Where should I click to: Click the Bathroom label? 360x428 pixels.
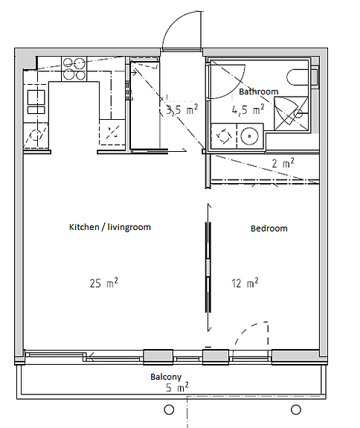(x=259, y=92)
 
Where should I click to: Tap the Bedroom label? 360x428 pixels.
(x=269, y=229)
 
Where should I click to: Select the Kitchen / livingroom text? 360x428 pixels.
(x=110, y=227)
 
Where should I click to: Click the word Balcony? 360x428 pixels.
(x=166, y=377)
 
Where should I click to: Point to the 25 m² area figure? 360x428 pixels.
(x=104, y=283)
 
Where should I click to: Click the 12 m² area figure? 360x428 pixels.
(x=245, y=283)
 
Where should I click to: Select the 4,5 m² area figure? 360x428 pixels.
(x=248, y=109)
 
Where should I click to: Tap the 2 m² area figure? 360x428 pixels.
(x=283, y=163)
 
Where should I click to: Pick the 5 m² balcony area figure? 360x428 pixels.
(x=177, y=387)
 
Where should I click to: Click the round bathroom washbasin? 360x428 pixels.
(x=250, y=136)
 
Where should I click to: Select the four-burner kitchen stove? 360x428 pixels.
(x=74, y=68)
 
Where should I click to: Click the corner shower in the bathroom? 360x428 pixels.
(x=291, y=113)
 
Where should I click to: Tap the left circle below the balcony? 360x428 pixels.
(x=169, y=409)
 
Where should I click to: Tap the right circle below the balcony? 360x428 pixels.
(x=295, y=409)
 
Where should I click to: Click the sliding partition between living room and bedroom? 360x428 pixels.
(x=208, y=267)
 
